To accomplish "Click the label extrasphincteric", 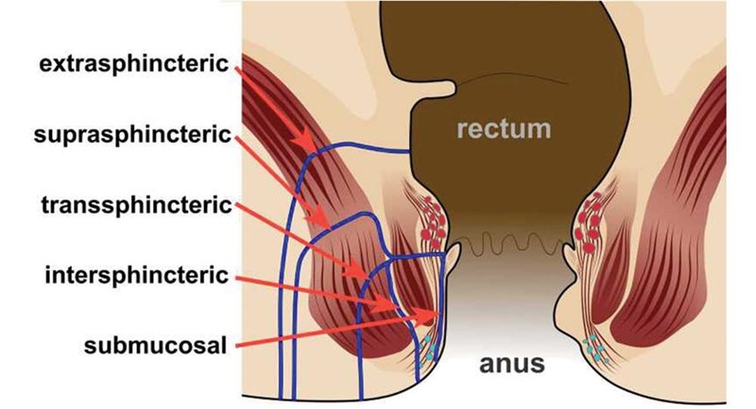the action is click(x=134, y=64).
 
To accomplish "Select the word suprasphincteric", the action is click(x=132, y=135).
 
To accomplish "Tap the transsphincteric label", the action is click(x=137, y=205).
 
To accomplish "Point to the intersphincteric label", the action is click(x=136, y=276).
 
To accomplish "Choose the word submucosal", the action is click(x=155, y=346).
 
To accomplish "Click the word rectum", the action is click(x=504, y=128).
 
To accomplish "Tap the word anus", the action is click(x=512, y=364).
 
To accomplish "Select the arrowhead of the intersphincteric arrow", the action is click(x=396, y=307).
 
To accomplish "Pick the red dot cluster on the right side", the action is click(x=589, y=223).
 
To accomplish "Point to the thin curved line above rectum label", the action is click(x=511, y=77).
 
